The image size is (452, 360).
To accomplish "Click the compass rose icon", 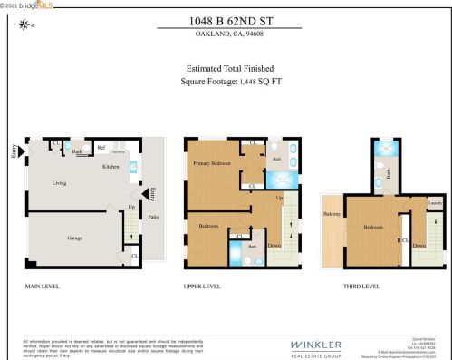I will point(24,25).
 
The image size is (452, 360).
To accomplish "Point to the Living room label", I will point(59,184).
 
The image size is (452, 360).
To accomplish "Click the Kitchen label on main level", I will point(111,167).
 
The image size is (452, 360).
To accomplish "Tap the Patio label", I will point(154,217).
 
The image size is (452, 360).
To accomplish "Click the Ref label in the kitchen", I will point(101,146).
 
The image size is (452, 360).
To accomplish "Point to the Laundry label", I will point(434,203).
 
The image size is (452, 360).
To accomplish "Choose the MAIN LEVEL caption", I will point(43,286).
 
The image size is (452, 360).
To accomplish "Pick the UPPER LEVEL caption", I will point(202,286).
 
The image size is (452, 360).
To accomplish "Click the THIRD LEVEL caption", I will point(361,286).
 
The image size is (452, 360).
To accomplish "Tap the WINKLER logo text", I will point(315,345).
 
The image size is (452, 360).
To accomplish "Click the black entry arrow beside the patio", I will point(145,194).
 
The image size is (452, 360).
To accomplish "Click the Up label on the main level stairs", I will point(132,207).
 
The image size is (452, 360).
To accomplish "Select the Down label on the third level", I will point(418,246).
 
